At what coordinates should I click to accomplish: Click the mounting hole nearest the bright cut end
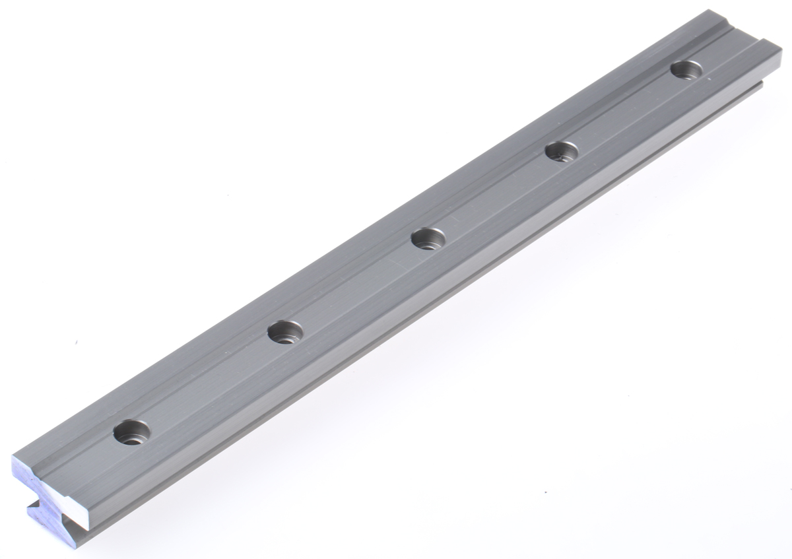click(x=131, y=432)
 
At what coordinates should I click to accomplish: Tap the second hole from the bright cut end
click(x=285, y=331)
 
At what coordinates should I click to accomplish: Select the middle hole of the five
click(x=428, y=238)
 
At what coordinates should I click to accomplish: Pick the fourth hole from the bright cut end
click(x=562, y=152)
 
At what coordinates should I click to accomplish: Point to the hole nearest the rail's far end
click(x=686, y=69)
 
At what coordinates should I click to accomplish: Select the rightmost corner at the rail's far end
click(x=781, y=44)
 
